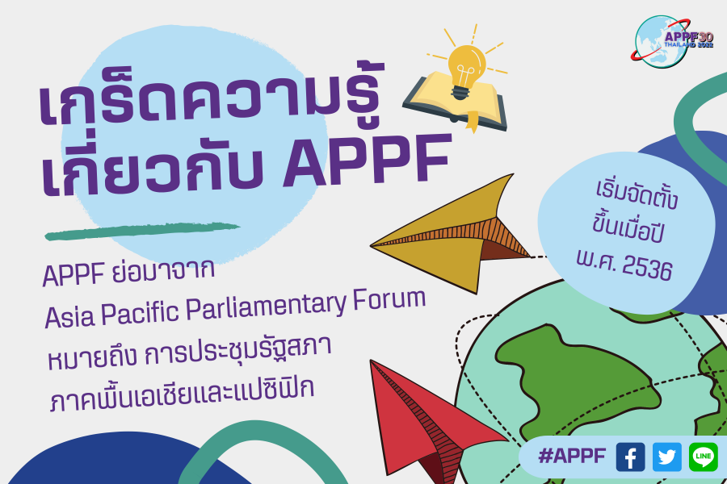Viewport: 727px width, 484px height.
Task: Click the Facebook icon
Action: (630, 457)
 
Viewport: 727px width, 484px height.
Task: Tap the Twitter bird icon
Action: (666, 457)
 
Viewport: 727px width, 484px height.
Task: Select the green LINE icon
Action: (704, 457)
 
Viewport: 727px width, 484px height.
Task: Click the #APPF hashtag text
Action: (572, 457)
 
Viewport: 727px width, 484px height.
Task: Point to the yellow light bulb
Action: (466, 69)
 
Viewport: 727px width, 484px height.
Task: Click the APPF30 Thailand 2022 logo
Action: (672, 42)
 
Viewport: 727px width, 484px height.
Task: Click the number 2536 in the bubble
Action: (647, 267)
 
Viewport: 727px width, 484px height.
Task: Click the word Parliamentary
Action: (266, 307)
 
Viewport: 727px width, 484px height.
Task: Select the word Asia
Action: (69, 317)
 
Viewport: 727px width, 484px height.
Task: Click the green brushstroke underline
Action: (141, 231)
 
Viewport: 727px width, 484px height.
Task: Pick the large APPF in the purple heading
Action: (366, 160)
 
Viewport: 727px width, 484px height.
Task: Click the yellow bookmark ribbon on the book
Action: (472, 122)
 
